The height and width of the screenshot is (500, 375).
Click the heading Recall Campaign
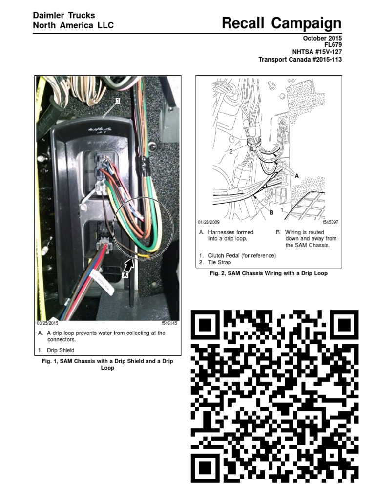point(281,23)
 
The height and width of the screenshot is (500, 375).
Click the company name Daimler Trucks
point(63,16)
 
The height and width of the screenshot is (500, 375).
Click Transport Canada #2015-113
point(300,60)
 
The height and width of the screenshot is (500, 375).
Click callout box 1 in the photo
point(118,101)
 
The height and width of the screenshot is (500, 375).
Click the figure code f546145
point(169,323)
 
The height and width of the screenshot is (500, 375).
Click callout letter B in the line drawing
point(271,213)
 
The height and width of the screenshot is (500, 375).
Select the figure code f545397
point(330,222)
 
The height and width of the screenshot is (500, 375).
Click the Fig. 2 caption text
point(269,273)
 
